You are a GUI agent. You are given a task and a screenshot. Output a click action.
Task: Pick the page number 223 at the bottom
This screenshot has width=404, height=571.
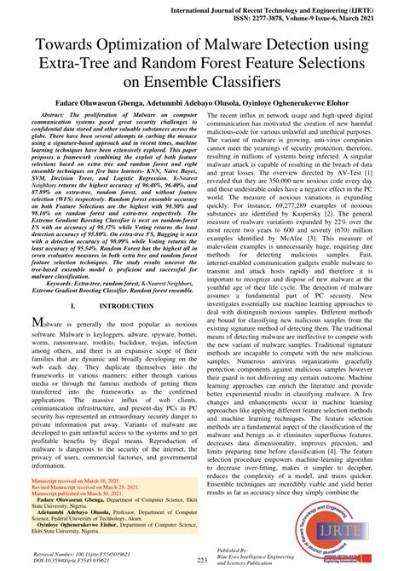(202, 560)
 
